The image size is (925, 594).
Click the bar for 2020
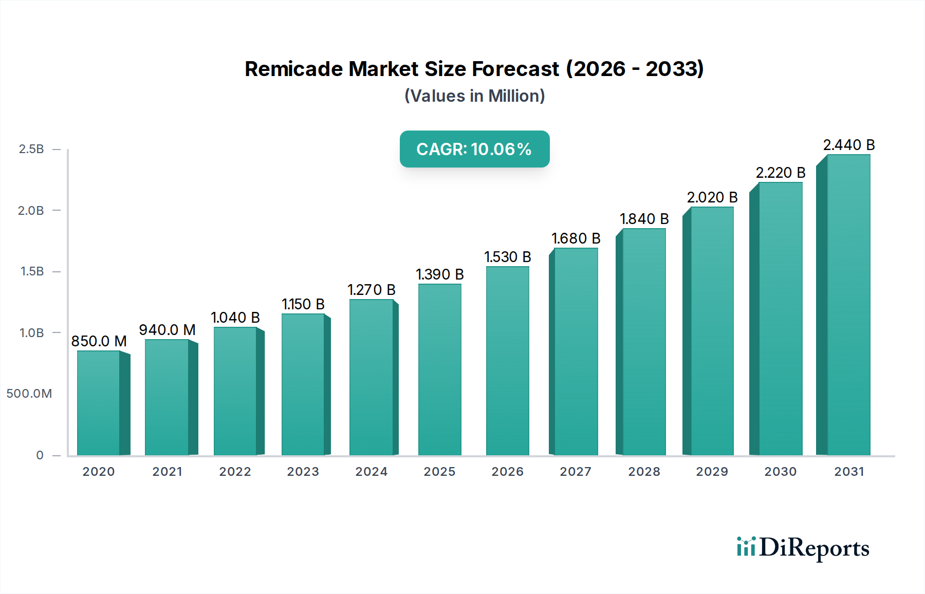(99, 403)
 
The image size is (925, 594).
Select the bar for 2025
(439, 370)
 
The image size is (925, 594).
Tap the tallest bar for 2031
(848, 306)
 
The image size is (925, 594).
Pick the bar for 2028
(644, 342)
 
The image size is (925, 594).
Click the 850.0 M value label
(99, 341)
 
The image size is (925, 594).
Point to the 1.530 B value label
(507, 257)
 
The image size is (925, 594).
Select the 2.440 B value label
(848, 145)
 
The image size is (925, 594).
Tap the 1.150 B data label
(303, 304)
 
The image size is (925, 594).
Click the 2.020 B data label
(712, 197)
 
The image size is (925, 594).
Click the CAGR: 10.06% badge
(474, 149)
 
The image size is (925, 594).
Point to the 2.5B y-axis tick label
(31, 149)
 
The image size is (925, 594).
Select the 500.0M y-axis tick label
(29, 394)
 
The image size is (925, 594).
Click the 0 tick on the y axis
(40, 455)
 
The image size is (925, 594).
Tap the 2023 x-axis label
(303, 472)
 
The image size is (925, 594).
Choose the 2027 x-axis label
(576, 472)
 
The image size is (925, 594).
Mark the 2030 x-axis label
(780, 472)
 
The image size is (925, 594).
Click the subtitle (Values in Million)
(474, 96)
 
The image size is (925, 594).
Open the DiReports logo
(803, 548)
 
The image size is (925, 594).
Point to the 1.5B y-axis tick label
(32, 271)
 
